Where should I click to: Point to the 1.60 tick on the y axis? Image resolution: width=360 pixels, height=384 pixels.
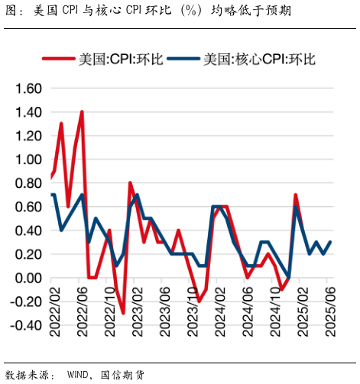[28, 89]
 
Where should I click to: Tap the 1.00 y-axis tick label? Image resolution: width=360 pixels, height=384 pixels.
[28, 160]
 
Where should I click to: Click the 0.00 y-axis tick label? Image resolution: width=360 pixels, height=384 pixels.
[28, 278]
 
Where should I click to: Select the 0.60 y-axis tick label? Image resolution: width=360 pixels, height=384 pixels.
[28, 207]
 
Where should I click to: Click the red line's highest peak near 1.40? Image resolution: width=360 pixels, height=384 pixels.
[82, 112]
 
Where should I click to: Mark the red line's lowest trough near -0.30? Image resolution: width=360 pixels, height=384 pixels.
[123, 313]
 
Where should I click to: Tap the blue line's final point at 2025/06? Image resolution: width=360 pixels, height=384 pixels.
[330, 242]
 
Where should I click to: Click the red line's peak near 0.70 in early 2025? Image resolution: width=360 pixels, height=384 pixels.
[296, 195]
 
